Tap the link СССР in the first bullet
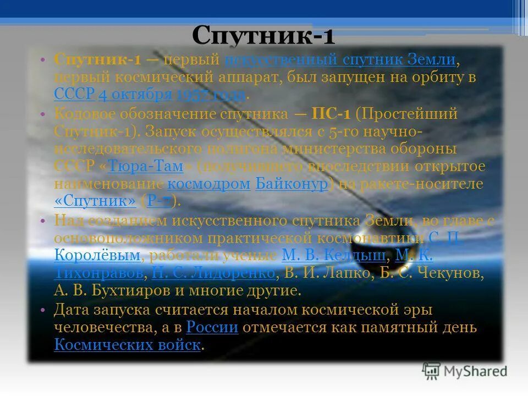tap(75, 94)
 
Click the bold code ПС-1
tap(331, 114)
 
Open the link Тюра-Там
tap(145, 167)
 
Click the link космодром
tap(209, 184)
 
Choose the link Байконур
tap(291, 184)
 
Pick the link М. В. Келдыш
tap(333, 255)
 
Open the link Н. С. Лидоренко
tap(213, 273)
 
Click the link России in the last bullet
tap(212, 328)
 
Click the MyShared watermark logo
tap(465, 371)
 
